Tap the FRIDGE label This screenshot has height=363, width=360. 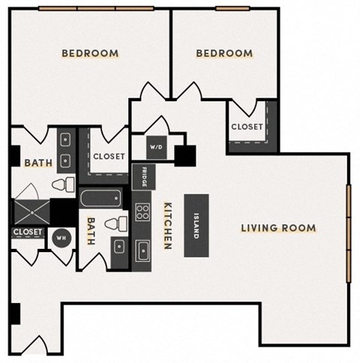(142, 178)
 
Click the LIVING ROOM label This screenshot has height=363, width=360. (278, 228)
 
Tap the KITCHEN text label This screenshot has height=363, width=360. (168, 225)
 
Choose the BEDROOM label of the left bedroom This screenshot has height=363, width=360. (90, 53)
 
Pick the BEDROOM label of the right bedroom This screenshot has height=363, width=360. (224, 53)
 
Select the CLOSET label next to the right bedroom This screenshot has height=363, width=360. (247, 127)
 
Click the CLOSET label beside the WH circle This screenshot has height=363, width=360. (28, 232)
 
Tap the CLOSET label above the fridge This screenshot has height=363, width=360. (108, 157)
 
